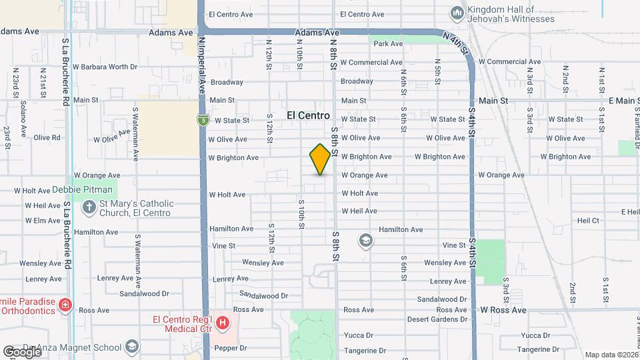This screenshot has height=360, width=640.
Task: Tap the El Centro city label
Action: tap(308, 115)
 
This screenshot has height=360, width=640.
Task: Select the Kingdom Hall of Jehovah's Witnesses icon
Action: tap(457, 13)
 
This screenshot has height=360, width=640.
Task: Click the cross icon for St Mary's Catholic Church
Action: tap(88, 207)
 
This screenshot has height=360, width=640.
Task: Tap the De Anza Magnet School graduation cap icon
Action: tap(132, 347)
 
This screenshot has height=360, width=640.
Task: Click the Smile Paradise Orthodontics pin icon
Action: tap(65, 305)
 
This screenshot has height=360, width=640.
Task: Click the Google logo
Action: tap(22, 351)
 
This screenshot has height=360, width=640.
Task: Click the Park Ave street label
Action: tap(388, 44)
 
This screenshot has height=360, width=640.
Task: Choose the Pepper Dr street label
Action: tap(229, 348)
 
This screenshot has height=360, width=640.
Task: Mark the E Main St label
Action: tap(624, 101)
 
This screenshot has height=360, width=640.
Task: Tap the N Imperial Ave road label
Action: tap(201, 63)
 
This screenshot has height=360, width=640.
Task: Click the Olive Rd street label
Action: tap(47, 137)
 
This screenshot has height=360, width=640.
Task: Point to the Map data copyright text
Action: tap(611, 355)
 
